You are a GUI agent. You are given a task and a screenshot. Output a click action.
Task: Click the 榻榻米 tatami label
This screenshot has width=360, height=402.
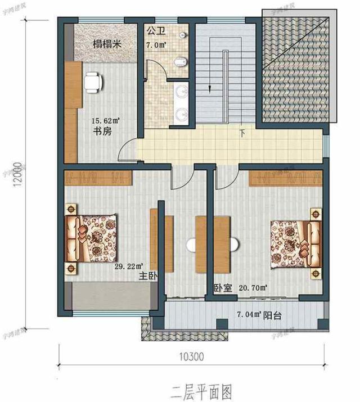pyautogui.click(x=107, y=44)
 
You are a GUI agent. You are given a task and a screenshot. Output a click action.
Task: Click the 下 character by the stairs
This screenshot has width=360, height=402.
pyautogui.click(x=242, y=134)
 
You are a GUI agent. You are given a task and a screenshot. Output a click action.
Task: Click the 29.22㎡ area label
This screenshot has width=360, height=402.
pyautogui.click(x=129, y=266)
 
